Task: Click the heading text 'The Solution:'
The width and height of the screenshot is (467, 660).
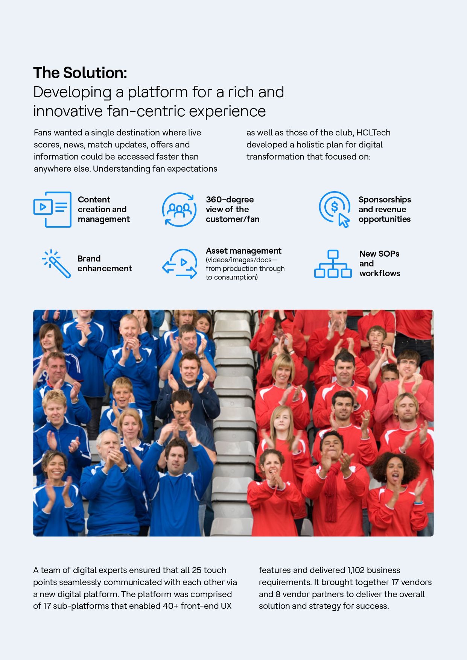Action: click(x=80, y=73)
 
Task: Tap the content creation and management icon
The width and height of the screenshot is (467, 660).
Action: click(x=52, y=210)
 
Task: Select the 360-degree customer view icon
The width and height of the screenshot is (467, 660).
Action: click(x=179, y=210)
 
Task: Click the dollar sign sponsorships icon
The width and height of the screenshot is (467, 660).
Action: click(x=334, y=209)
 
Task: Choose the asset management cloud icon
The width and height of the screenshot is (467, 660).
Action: click(x=180, y=263)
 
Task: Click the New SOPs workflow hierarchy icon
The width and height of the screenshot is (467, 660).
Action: click(x=333, y=264)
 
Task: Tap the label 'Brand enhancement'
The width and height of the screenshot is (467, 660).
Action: click(x=105, y=263)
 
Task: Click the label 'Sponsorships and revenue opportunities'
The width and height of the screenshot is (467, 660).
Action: click(x=385, y=209)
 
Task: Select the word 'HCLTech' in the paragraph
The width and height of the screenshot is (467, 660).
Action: click(x=373, y=132)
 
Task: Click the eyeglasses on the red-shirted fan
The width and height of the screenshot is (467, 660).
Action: click(x=408, y=363)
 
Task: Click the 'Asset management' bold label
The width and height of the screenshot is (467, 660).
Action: click(x=243, y=251)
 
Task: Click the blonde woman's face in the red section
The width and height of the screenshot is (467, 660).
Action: click(x=283, y=371)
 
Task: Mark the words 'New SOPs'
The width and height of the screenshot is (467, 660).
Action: click(x=379, y=254)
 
